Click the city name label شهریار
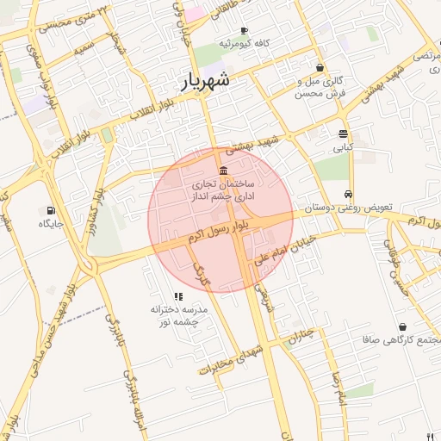click(x=206, y=83)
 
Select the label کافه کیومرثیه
click(x=245, y=43)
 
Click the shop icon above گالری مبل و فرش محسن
click(x=320, y=67)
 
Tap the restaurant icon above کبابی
click(x=343, y=134)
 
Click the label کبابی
click(x=343, y=147)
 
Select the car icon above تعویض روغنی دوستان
click(x=347, y=194)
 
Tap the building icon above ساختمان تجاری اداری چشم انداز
click(x=224, y=168)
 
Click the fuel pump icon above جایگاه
click(x=51, y=209)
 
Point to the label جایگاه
click(x=51, y=223)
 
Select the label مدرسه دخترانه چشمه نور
click(x=174, y=315)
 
